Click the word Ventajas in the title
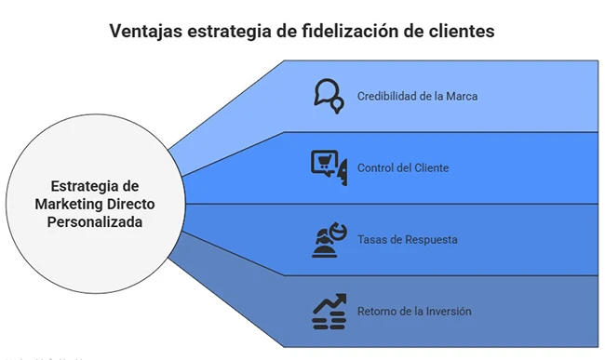point(147,31)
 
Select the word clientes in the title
point(460,31)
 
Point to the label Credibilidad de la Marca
point(418,97)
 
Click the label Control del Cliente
point(402,168)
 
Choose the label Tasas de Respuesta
point(407,240)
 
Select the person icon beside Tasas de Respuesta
point(328,239)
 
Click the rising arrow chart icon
point(328,311)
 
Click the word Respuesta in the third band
point(431,240)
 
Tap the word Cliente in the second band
point(429,168)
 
